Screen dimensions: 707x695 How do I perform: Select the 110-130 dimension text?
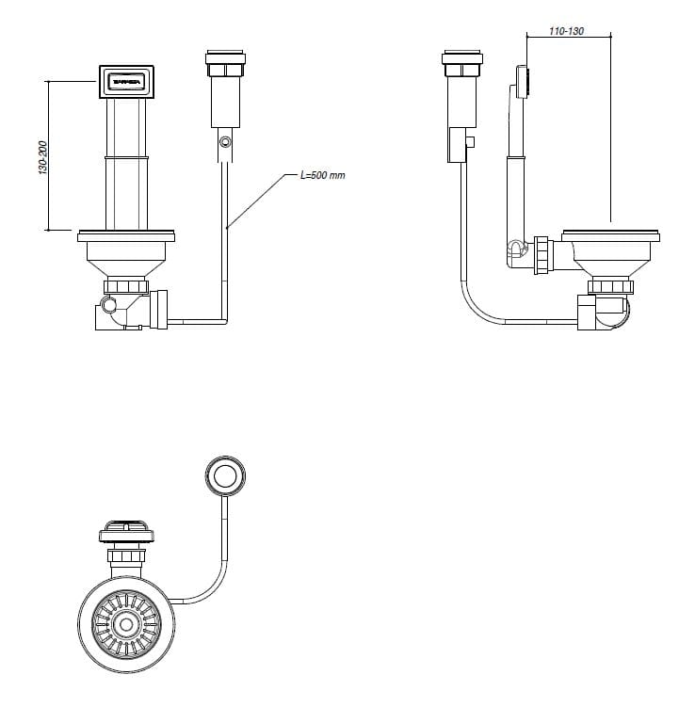(566, 31)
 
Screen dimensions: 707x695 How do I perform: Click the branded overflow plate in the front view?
(125, 82)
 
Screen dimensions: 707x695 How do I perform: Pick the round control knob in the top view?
(225, 477)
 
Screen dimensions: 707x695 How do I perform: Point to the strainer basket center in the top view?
(125, 623)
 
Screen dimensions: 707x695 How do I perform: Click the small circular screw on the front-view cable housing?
(224, 142)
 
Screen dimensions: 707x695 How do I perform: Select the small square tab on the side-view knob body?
(470, 142)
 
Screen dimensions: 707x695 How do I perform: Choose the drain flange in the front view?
(125, 233)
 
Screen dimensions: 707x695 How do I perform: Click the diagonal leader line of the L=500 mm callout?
(258, 200)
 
